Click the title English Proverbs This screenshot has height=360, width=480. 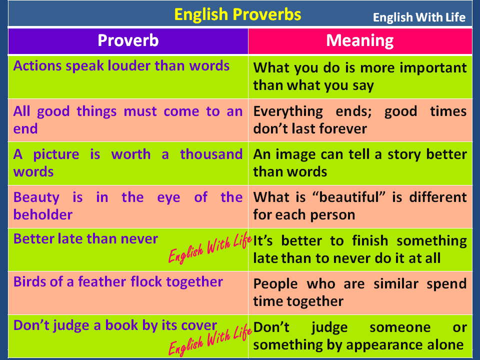coord(237,14)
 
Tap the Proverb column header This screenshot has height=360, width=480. coord(128,40)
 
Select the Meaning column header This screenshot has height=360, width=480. coord(360,40)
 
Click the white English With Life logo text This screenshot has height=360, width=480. coord(419,18)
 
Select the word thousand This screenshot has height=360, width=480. coord(211,154)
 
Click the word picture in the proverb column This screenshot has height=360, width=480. coord(56,154)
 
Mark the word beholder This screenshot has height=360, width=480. coord(43,214)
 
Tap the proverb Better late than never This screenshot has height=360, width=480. coord(85,239)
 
